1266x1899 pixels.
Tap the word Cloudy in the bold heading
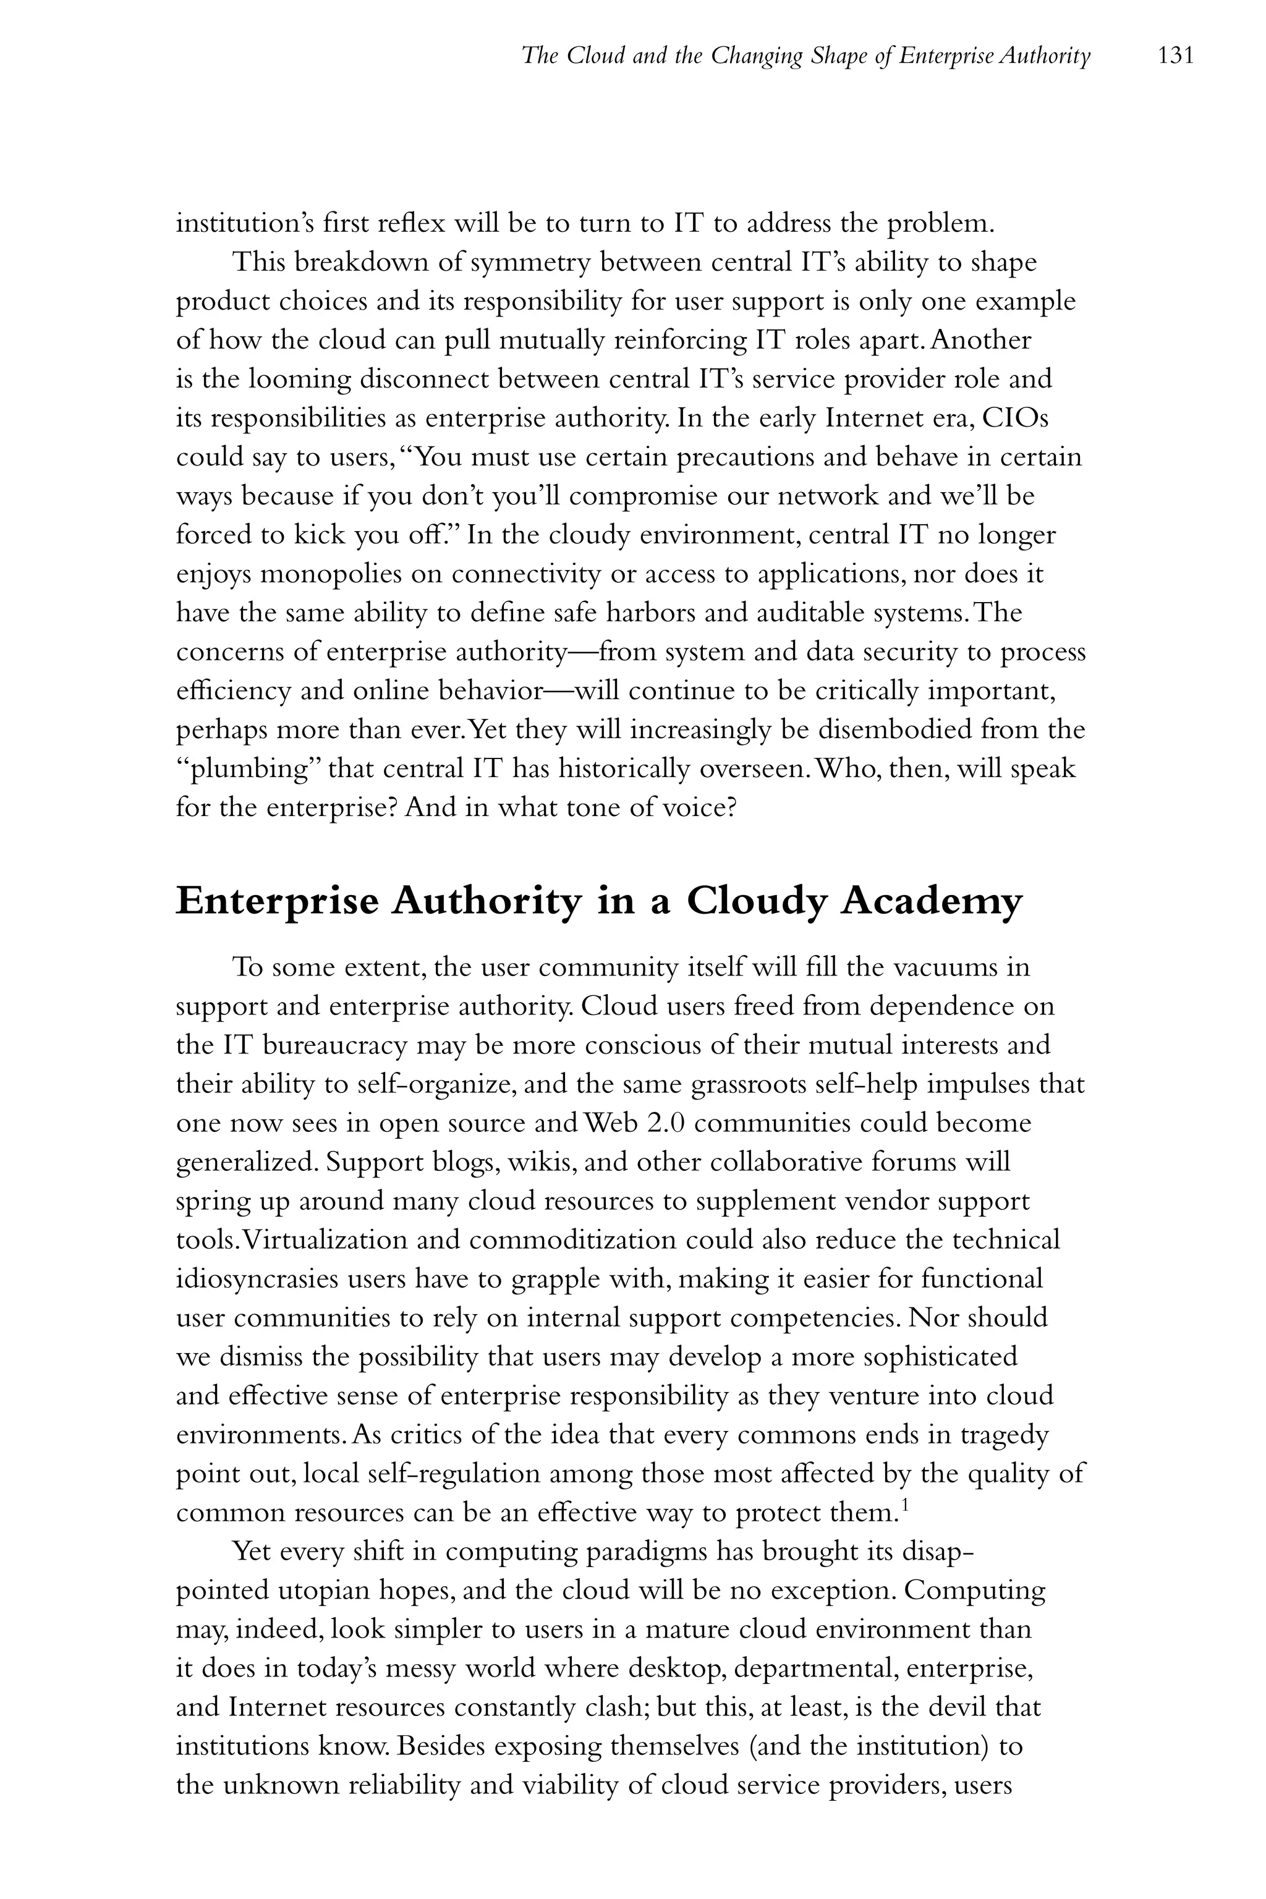click(757, 902)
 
